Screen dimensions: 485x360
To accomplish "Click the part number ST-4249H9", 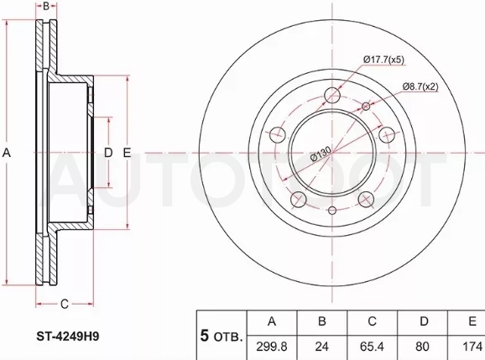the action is coord(68,337).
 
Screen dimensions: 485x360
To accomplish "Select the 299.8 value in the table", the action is coord(272,347).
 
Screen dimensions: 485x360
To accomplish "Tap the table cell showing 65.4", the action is coord(372,347).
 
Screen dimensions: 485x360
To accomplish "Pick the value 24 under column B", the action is coord(321,347).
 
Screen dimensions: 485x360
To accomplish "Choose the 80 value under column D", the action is coord(422,347).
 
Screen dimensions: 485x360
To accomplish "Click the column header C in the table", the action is coord(372,321).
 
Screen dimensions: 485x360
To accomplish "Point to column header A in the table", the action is coord(272,321).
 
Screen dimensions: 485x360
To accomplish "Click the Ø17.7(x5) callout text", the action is coord(383,60).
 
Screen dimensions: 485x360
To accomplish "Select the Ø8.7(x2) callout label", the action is coord(420,86).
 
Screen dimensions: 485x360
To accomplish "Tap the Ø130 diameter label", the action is coord(321,154).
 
